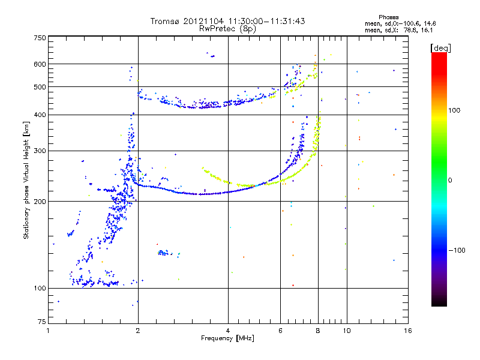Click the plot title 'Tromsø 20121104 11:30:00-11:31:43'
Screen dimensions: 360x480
click(x=227, y=21)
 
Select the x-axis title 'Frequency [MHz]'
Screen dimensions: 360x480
click(x=227, y=339)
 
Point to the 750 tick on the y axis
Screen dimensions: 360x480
click(x=40, y=38)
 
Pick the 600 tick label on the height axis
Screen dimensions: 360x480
click(x=40, y=64)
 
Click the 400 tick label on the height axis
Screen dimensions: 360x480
click(x=40, y=115)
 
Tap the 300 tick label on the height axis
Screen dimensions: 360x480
click(x=40, y=151)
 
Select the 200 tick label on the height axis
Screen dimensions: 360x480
click(x=40, y=202)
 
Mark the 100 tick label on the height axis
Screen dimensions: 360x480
click(x=40, y=289)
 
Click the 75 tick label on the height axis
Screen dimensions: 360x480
click(x=41, y=322)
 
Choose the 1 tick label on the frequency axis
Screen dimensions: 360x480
click(x=48, y=331)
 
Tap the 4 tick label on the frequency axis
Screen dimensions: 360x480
click(x=228, y=331)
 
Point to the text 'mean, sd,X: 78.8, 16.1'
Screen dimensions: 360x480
click(x=391, y=29)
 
